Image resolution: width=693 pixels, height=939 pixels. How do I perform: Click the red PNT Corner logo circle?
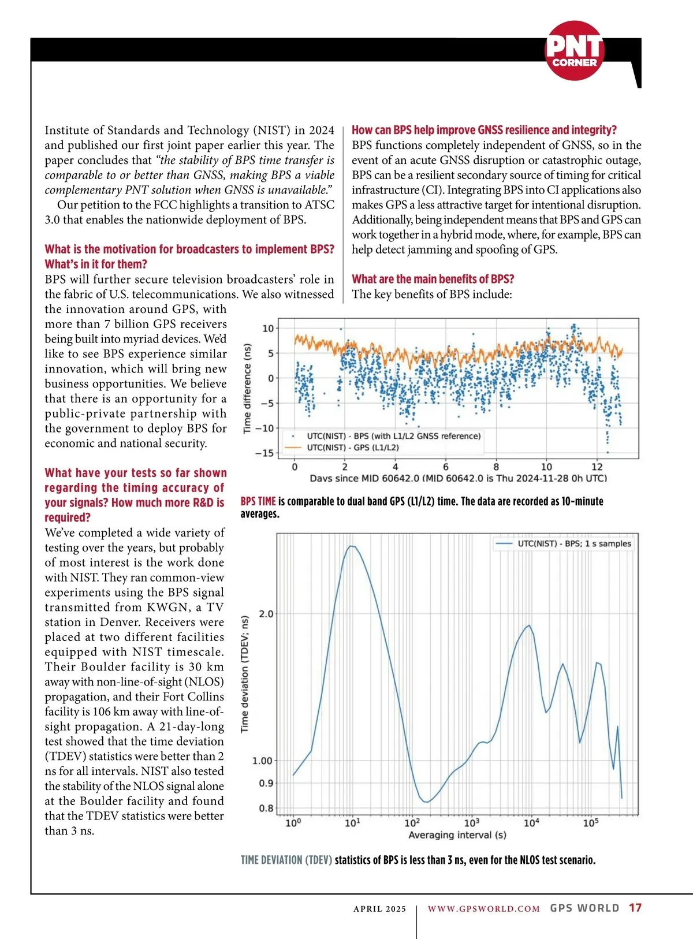(x=575, y=51)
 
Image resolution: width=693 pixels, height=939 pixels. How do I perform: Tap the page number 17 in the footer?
(x=635, y=908)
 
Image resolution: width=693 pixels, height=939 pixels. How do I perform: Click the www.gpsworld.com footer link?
(x=483, y=908)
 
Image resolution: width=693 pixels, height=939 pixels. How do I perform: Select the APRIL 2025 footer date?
(x=379, y=908)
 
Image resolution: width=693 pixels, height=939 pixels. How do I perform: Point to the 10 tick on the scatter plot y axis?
(x=268, y=329)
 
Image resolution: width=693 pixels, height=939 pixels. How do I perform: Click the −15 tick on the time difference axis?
(x=264, y=453)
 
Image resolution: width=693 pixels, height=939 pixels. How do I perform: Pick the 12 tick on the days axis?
(x=597, y=467)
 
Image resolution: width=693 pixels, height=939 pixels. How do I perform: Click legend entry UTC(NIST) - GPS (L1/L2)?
(x=353, y=448)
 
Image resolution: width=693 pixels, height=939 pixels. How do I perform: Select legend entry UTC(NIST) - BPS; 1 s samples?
(x=574, y=543)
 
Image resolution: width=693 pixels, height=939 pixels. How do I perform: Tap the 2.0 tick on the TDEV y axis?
(x=266, y=614)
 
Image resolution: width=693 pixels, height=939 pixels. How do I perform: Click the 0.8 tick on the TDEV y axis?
(x=266, y=808)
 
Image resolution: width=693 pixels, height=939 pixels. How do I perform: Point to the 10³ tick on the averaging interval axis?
(x=472, y=822)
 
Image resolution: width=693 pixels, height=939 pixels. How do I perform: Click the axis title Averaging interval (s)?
(x=457, y=835)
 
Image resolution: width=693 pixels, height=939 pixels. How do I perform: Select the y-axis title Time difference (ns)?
(x=247, y=388)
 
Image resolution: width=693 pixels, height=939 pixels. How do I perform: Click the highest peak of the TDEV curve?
(x=352, y=546)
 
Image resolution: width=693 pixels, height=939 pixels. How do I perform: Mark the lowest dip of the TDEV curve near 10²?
(x=426, y=802)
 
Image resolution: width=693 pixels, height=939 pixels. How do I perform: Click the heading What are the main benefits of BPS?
(x=433, y=279)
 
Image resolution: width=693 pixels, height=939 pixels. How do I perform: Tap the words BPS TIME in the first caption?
(x=258, y=501)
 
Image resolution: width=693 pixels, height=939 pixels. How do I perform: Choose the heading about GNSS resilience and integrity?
(x=484, y=130)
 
